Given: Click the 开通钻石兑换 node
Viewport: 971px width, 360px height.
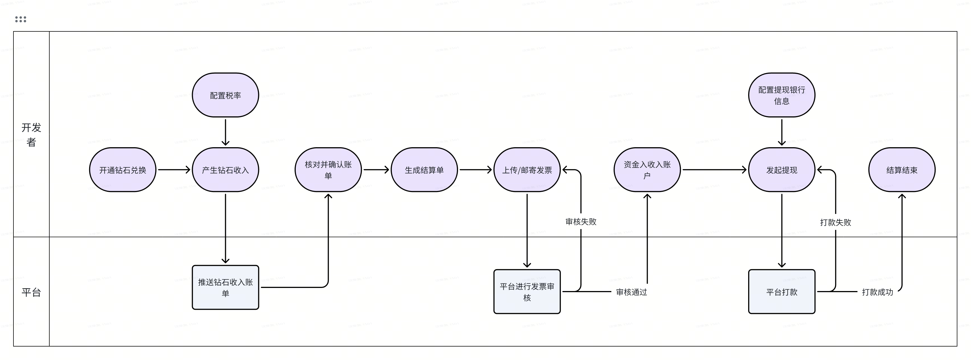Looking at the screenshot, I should click(122, 170).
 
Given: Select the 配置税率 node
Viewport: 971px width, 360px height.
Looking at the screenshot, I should click(225, 95).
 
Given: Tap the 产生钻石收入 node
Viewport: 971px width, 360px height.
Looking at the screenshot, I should click(225, 170).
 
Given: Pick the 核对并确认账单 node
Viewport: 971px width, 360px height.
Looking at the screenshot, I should click(328, 170).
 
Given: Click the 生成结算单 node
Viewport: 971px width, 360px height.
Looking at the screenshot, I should click(424, 170).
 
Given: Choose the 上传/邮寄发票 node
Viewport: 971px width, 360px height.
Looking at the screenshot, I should click(527, 170).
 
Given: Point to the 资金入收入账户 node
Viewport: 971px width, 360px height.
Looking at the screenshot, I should click(647, 170).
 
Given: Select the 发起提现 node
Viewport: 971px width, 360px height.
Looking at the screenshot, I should click(782, 170).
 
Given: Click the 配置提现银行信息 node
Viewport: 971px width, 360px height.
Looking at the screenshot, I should click(782, 95).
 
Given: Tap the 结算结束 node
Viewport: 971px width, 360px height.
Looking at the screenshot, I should click(902, 170).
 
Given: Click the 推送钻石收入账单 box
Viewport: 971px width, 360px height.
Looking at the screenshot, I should click(225, 288).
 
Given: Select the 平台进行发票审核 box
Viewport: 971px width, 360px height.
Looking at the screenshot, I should click(527, 292).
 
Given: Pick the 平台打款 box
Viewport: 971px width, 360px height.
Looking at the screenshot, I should click(782, 292).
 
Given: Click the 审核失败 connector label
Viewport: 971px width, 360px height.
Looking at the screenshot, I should click(581, 222).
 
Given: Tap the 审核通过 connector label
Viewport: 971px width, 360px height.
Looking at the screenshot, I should click(631, 292).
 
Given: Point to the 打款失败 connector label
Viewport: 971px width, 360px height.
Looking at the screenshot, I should click(835, 222).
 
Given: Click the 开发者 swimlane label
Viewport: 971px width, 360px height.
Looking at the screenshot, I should click(31, 135).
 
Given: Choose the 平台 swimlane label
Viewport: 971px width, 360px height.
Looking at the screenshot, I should click(31, 292).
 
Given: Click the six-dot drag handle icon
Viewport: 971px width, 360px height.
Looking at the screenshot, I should click(21, 19).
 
